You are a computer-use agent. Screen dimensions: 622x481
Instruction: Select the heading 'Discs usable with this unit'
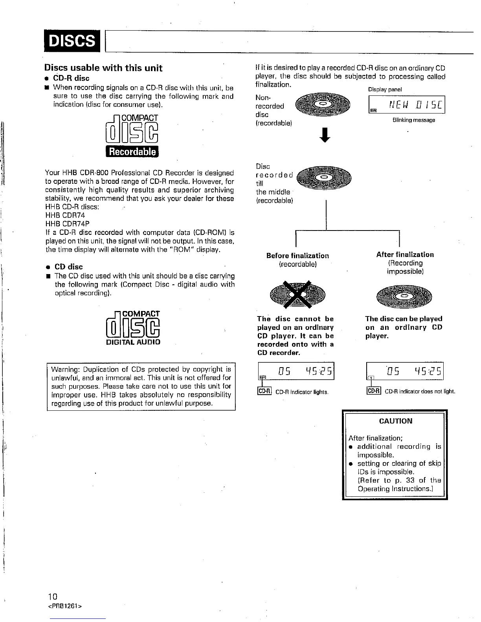click(x=103, y=68)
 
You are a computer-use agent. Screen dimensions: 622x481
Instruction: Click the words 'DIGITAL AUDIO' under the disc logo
click(x=133, y=342)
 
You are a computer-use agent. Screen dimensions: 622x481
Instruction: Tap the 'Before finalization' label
click(x=297, y=256)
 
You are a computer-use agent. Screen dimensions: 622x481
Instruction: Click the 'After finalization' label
click(x=405, y=254)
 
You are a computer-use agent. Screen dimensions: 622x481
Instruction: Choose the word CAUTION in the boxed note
click(x=395, y=421)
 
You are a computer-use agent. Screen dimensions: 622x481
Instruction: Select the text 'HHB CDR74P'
click(x=68, y=224)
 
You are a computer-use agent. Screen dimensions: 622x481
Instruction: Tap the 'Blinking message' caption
click(x=413, y=120)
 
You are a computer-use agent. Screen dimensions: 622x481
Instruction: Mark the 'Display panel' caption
click(x=385, y=90)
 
